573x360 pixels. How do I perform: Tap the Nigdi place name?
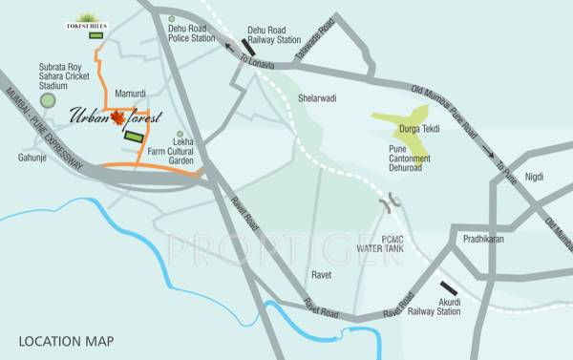click(x=534, y=176)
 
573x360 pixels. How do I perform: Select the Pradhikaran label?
click(x=481, y=239)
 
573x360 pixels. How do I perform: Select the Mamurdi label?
click(x=131, y=95)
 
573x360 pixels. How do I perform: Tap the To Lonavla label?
click(x=256, y=63)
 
